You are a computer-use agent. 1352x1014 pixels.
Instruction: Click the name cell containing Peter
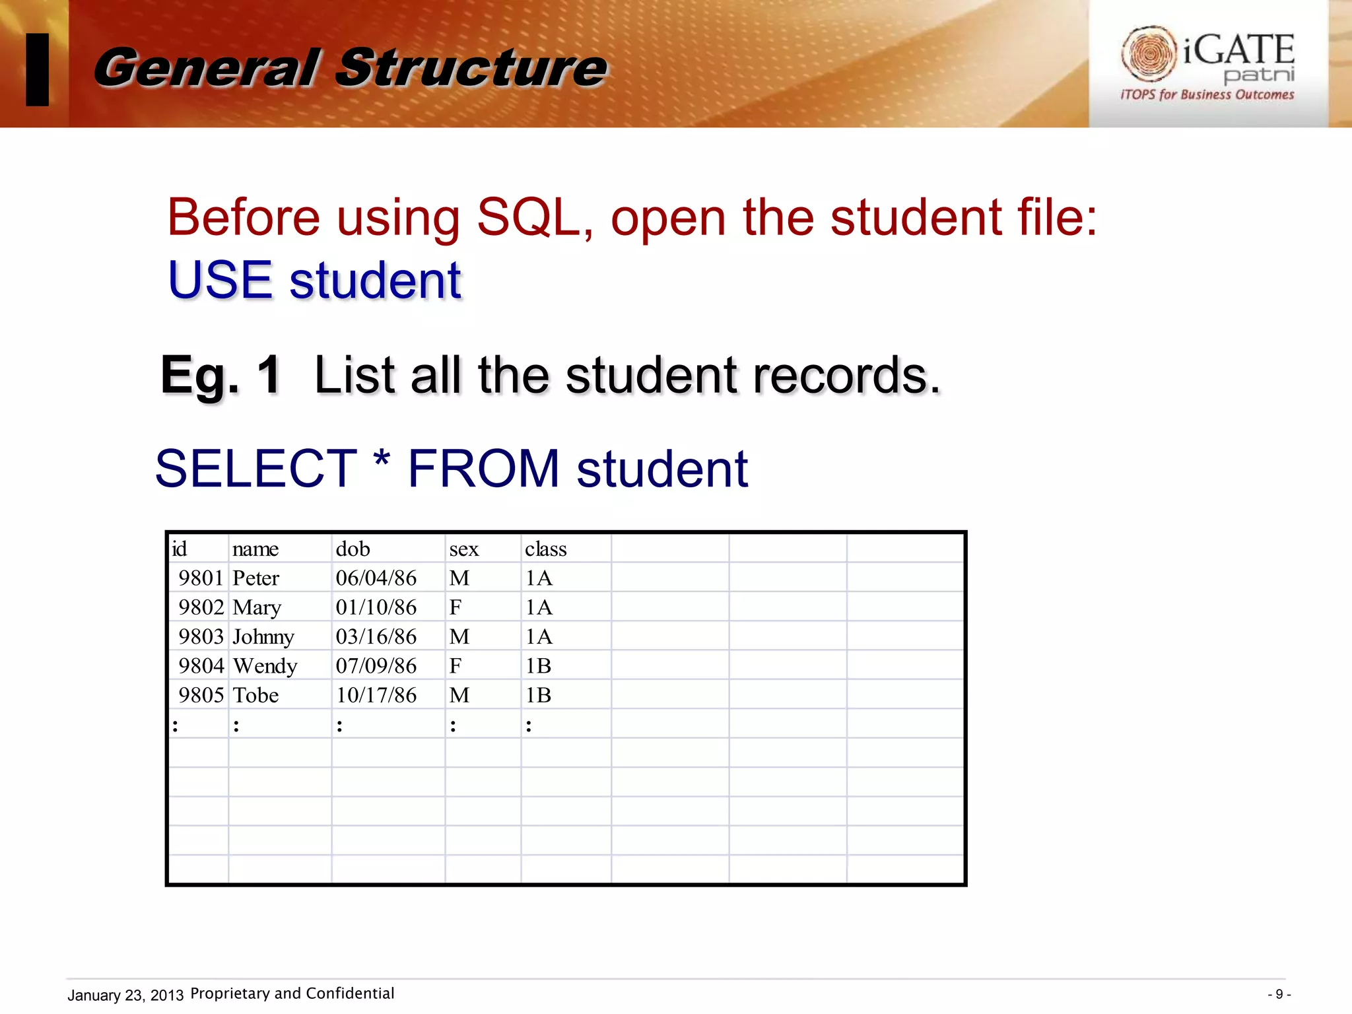[x=256, y=578]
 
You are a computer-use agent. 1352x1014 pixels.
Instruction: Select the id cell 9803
[x=201, y=636]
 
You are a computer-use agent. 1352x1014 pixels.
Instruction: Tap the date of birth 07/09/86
[x=376, y=665]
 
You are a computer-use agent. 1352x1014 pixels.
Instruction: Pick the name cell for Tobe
[x=256, y=695]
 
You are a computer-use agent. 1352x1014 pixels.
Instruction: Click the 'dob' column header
[x=353, y=549]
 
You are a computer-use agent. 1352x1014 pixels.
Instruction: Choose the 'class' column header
[x=546, y=549]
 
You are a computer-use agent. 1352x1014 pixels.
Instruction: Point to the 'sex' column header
[x=464, y=549]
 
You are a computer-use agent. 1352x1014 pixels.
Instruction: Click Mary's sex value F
[x=456, y=607]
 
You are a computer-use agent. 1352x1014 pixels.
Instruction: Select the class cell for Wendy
[x=539, y=665]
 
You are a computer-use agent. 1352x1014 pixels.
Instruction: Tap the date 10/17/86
[x=376, y=695]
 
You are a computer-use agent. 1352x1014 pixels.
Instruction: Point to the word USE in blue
[x=220, y=280]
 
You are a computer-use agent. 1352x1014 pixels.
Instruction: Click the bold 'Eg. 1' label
[x=221, y=375]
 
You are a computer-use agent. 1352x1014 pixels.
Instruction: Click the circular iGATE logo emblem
[x=1149, y=54]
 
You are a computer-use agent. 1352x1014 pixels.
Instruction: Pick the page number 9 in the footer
[x=1279, y=994]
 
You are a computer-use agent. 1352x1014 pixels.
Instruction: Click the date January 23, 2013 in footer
[x=125, y=995]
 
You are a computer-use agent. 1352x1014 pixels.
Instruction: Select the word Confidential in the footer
[x=350, y=994]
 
